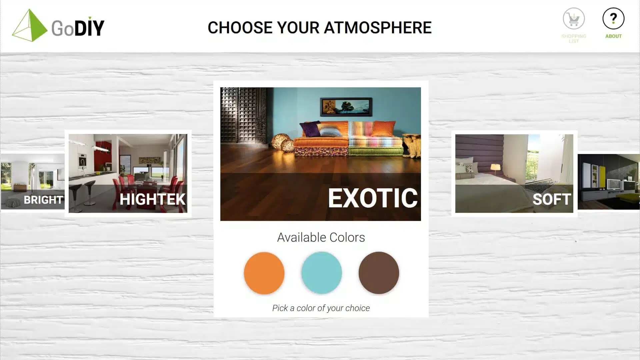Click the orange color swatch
click(264, 273)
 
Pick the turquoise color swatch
click(321, 273)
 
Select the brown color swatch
click(379, 273)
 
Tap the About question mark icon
click(613, 19)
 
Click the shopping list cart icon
click(574, 19)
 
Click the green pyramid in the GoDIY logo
click(30, 25)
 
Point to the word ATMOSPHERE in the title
click(378, 28)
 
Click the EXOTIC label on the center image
click(373, 198)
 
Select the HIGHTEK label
click(152, 199)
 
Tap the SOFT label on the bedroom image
click(552, 199)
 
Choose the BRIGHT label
click(43, 200)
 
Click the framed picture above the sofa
click(346, 107)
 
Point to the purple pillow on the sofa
click(310, 129)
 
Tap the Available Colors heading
click(321, 237)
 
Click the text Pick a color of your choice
click(321, 308)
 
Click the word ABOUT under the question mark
click(613, 36)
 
